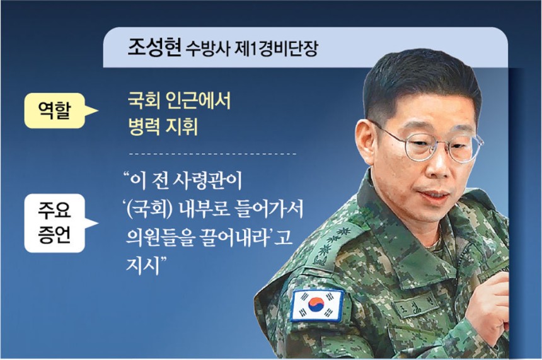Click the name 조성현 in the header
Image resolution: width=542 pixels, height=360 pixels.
[x=154, y=48]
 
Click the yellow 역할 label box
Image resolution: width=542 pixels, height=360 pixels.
[x=55, y=111]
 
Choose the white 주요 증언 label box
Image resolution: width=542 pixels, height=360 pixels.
[x=55, y=223]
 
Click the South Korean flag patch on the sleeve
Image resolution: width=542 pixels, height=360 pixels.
[x=317, y=305]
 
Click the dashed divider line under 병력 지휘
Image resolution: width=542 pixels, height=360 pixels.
[x=212, y=154]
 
